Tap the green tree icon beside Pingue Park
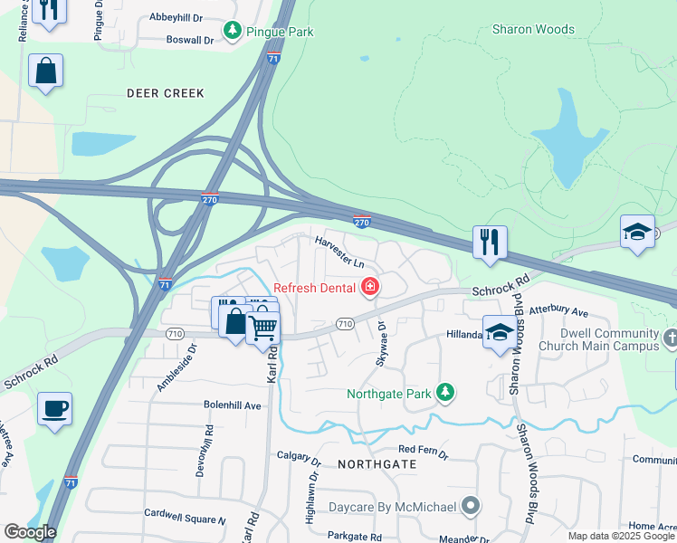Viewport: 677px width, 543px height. (234, 31)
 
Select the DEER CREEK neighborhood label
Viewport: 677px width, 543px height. (166, 93)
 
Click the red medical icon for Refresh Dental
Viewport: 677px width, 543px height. (370, 288)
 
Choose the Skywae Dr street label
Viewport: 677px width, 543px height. (381, 343)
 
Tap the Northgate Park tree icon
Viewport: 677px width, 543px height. (444, 393)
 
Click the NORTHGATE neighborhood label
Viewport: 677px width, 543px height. (377, 463)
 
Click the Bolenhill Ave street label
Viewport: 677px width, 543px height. (232, 405)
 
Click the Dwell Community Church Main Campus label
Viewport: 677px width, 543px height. (598, 339)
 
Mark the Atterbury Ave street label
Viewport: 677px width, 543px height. (558, 310)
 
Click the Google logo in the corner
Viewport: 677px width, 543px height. (30, 532)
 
